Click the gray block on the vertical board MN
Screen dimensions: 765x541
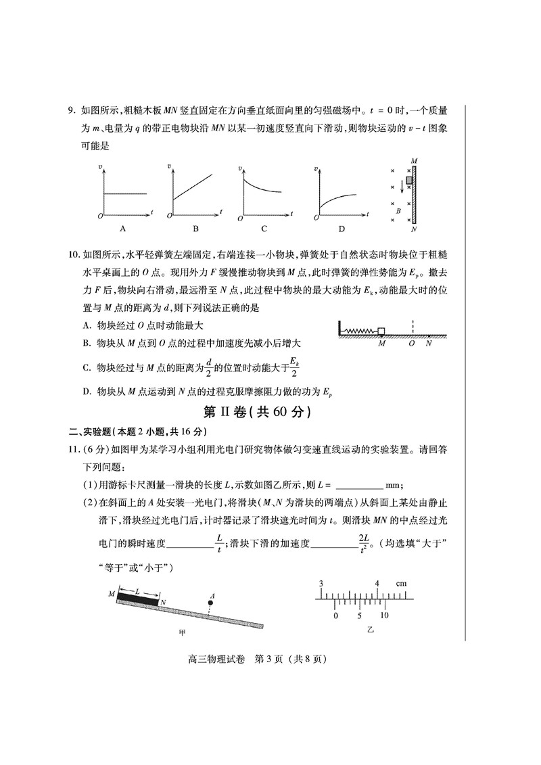pos(408,181)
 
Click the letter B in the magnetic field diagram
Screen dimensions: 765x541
pos(398,210)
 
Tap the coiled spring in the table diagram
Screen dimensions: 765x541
pos(362,331)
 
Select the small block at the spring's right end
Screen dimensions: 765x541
pos(381,331)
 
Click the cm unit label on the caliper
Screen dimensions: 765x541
pos(401,583)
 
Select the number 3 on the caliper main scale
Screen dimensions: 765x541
pos(321,583)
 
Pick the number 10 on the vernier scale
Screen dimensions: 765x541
pos(383,616)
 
